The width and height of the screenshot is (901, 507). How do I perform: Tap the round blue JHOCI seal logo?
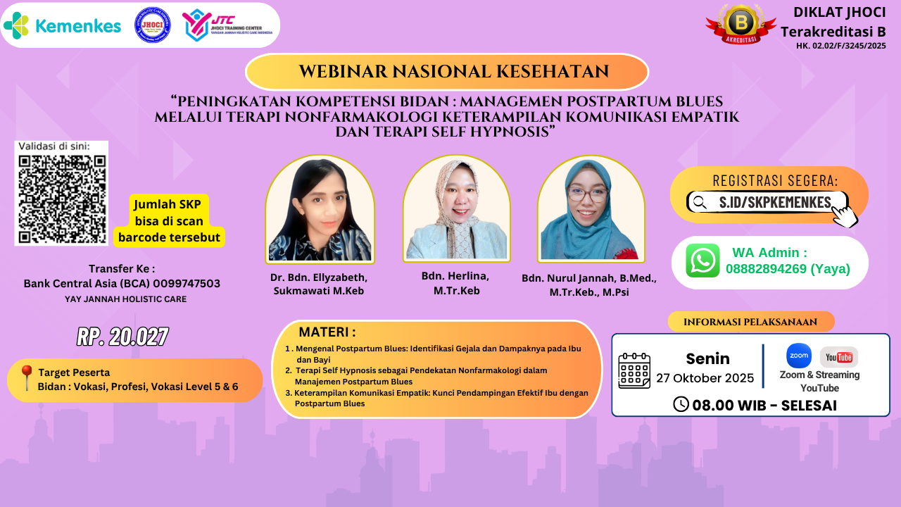pos(152,25)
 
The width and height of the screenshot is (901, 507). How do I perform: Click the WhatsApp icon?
pos(702,261)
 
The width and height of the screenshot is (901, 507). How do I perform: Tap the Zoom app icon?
pos(798,356)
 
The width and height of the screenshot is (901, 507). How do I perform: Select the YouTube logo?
pos(838,357)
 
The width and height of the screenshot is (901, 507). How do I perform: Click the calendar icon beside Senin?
pos(634,370)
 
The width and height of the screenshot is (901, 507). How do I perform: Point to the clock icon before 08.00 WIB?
pos(681,404)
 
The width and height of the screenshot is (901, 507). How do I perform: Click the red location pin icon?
pos(27,377)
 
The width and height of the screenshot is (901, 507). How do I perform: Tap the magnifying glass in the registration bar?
pos(700,203)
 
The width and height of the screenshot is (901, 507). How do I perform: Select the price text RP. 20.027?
pos(122,337)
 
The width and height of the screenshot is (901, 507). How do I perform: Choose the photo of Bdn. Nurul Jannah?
pos(591,209)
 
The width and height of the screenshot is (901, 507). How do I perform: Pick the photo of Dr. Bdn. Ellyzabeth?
pos(320,209)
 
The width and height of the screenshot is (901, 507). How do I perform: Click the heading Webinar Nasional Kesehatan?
pos(446,72)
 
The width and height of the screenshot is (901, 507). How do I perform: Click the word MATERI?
pos(327,332)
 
